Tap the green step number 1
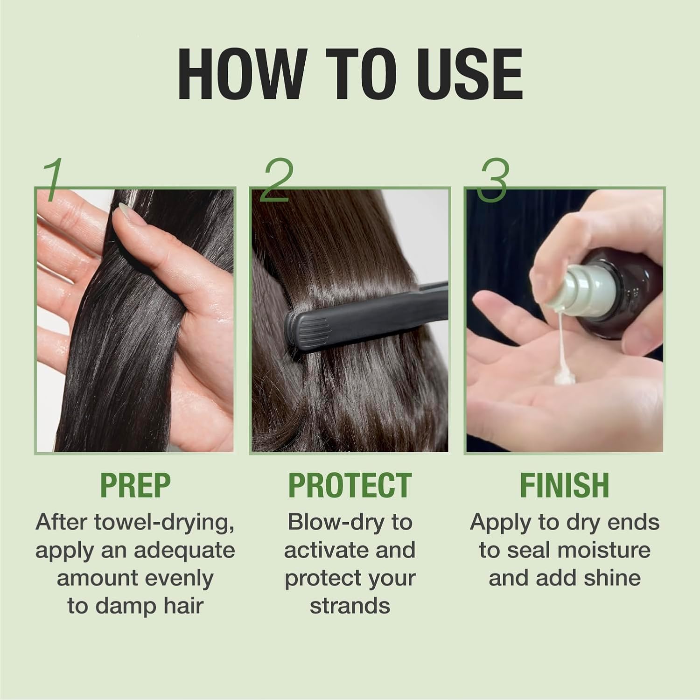[54, 180]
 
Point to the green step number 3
[493, 181]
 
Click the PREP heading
[135, 485]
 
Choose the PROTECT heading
[350, 485]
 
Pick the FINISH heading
[564, 485]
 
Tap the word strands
[350, 606]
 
